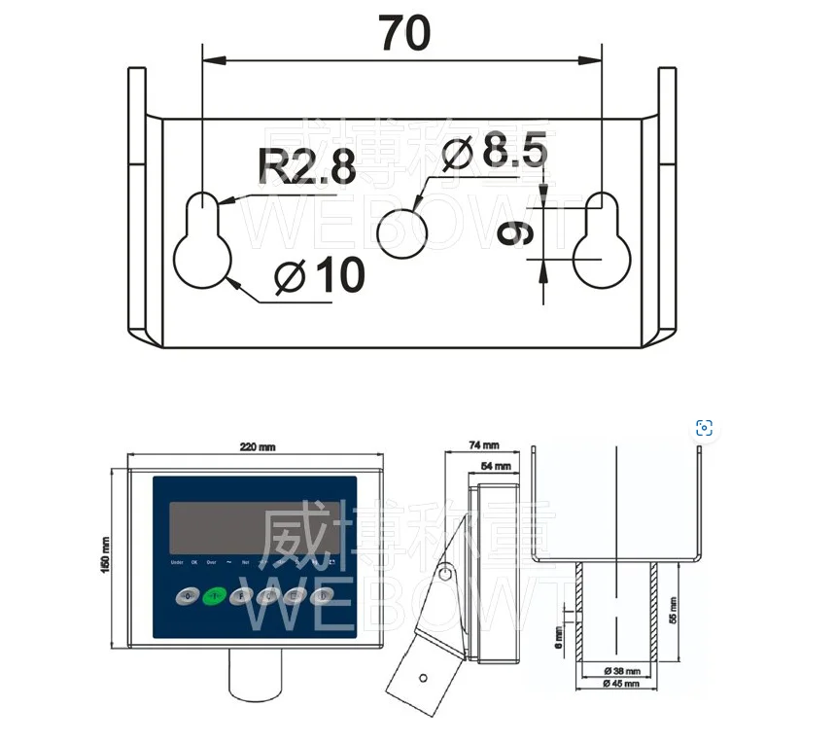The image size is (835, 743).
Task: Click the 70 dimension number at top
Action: pos(404,34)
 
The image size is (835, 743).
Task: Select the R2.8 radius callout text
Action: pos(306,167)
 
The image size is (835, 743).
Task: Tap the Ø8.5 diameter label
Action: pos(495,152)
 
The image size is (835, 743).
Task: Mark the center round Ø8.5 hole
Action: pos(402,233)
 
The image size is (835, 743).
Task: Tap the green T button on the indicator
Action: pos(214,595)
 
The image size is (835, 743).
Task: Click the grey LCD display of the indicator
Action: pos(255,527)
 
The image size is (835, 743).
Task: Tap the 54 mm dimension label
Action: pos(496,467)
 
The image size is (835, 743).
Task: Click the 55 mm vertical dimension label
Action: pos(673,611)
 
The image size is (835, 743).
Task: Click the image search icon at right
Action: pos(705,428)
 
